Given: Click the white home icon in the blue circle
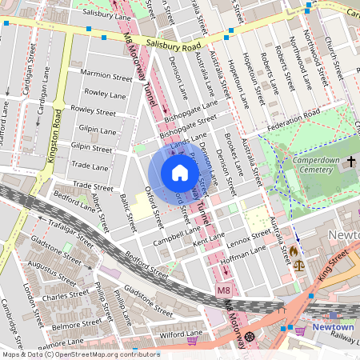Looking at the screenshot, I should pos(180,173).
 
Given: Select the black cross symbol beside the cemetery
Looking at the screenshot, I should pos(350,162).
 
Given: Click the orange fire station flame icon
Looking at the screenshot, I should pos(294,250).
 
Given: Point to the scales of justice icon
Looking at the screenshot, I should pos(298,264).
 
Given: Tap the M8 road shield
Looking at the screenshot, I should pos(223,293).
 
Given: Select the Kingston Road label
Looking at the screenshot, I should pos(57,136).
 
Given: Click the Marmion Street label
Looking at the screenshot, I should pos(106,76).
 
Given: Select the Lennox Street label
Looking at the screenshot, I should pos(249,236).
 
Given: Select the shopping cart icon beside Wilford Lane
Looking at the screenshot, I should pos(192,341).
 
